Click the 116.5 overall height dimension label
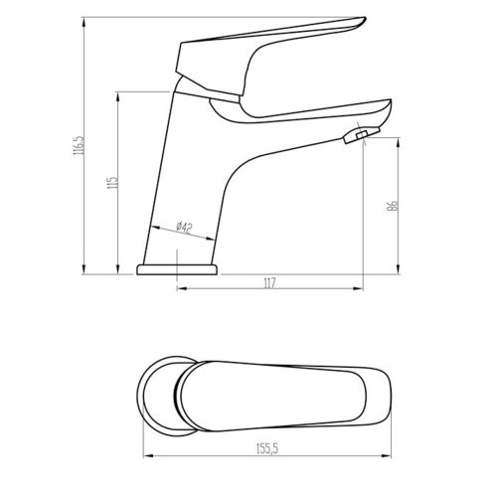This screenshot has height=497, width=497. tap(80, 146)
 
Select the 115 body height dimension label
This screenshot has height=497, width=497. tap(112, 182)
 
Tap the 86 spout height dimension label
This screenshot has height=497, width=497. tap(392, 206)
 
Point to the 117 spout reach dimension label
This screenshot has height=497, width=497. tap(269, 283)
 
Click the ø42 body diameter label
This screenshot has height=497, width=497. tap(184, 227)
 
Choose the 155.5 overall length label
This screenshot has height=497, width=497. tap(267, 449)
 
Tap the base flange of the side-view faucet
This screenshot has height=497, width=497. tap(177, 269)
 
